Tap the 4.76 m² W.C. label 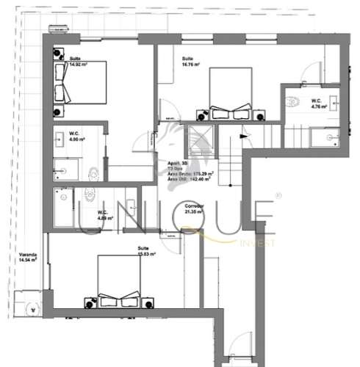pos(318,106)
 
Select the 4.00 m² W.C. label pos(76,139)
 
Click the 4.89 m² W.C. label pos(104,218)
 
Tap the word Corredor pos(214,207)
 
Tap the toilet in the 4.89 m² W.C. pos(88,193)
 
